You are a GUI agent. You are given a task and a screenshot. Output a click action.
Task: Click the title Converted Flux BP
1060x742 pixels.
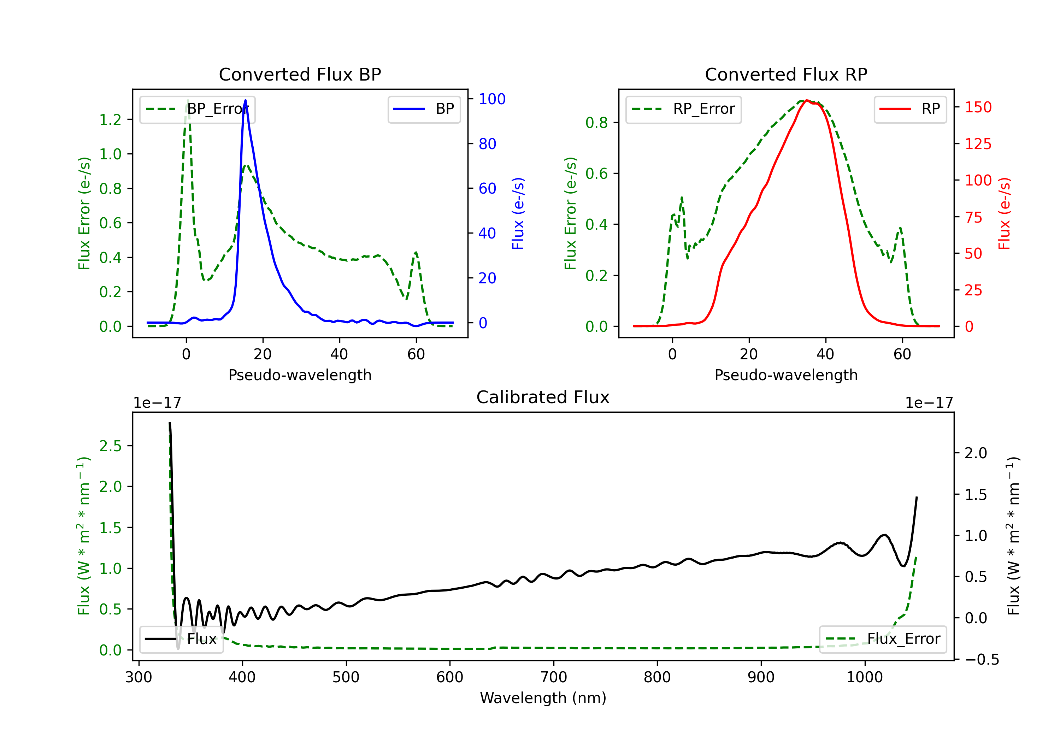(x=300, y=74)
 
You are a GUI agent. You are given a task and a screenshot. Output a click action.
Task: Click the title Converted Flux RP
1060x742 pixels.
(x=786, y=74)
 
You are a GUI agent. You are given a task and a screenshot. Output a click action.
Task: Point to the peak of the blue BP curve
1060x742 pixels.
(x=245, y=100)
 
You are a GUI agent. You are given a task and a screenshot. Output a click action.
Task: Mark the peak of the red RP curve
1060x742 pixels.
(x=806, y=101)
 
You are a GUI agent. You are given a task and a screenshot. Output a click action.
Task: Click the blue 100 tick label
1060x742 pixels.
(x=492, y=99)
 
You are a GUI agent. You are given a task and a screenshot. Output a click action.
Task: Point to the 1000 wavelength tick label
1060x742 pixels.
(x=864, y=677)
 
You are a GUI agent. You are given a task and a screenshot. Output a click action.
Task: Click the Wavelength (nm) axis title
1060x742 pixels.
(x=543, y=698)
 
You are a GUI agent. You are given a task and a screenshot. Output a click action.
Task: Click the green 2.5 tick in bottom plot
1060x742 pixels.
(x=110, y=446)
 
